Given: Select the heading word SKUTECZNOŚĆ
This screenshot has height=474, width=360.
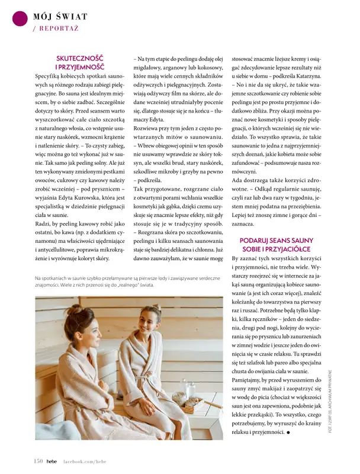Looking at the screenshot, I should (x=79, y=59).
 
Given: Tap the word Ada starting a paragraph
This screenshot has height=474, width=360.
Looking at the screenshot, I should (x=239, y=180).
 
